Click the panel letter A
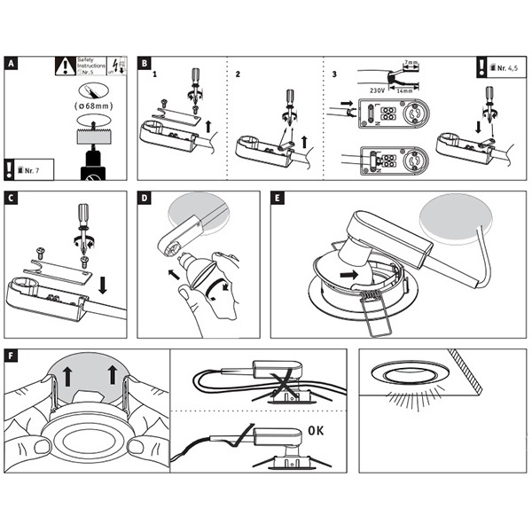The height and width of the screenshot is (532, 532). pos(11,64)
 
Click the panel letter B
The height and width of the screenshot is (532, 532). pos(145,64)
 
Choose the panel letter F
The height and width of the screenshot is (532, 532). pos(11,356)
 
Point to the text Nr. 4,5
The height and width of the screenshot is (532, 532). pos(505,66)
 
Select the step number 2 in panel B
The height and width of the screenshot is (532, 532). pos(239,74)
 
